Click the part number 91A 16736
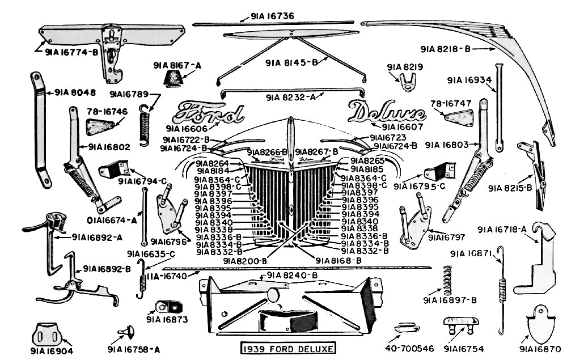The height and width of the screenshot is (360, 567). click(x=272, y=16)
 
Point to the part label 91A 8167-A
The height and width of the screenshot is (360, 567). click(x=177, y=66)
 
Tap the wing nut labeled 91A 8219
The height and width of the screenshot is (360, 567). click(x=405, y=84)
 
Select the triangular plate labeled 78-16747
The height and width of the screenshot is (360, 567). click(x=459, y=117)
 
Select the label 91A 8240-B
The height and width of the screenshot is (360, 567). click(x=292, y=276)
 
